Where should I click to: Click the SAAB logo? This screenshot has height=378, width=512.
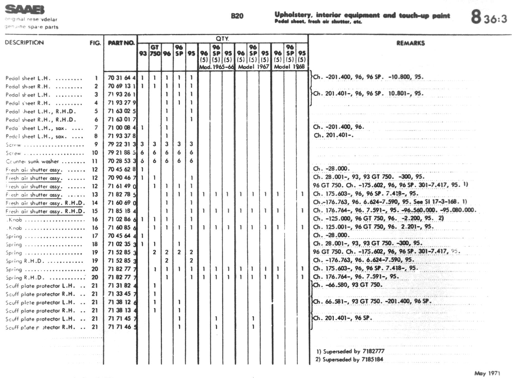pos(24,9)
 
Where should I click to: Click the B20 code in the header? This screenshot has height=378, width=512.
pos(237,16)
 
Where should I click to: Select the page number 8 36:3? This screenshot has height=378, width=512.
pos(489,17)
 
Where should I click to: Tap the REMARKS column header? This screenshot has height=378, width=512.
pos(410,43)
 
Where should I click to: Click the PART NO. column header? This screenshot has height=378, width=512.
pos(121,43)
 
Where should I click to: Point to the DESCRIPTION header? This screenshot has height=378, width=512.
pos(24,43)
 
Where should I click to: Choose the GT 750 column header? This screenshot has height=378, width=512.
pos(155,50)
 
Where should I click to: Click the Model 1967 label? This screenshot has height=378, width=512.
pos(253,67)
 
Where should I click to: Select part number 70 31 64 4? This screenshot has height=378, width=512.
pos(122,78)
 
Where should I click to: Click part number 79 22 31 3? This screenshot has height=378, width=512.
pos(122,144)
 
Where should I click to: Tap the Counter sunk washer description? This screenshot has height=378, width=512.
pos(32,161)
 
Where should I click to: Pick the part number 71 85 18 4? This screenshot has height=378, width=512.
pos(122,211)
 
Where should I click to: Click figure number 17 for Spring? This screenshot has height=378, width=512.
pos(95,236)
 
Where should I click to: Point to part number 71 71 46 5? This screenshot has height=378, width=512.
pos(122,327)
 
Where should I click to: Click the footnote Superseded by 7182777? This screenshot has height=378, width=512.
pos(350,351)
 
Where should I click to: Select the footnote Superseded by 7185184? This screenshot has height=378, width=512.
pos(349,359)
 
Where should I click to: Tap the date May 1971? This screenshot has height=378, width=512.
pos(487,373)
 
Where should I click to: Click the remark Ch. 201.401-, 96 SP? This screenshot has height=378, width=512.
pos(343,318)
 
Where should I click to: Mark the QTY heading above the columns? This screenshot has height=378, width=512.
pos(222,39)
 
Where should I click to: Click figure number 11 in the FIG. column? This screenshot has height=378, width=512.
pos(95,161)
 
